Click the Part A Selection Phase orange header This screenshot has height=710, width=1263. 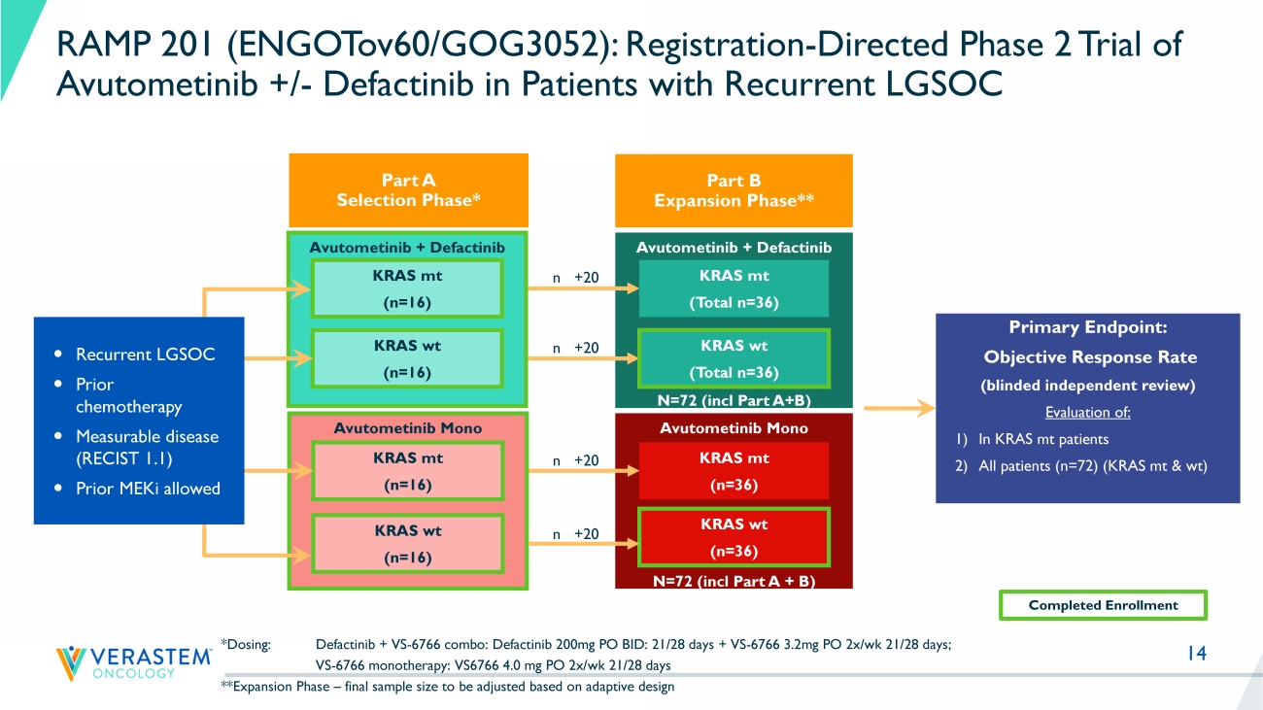pos(408,190)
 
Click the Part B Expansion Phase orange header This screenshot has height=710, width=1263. pos(734,190)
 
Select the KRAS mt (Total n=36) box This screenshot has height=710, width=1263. pos(734,288)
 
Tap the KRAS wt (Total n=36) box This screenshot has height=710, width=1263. pos(734,358)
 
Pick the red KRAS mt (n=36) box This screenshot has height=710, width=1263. pos(734,471)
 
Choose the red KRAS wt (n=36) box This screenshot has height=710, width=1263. pos(734,537)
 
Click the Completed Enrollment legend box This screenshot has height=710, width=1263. pos(1103,605)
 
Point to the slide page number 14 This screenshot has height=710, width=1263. pos(1196,654)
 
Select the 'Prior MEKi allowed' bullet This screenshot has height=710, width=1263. pos(148,489)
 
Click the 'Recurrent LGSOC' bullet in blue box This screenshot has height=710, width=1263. pos(145,355)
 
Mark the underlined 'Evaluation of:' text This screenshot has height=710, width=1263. pos(1087,412)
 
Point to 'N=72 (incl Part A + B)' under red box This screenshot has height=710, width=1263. pos(734,581)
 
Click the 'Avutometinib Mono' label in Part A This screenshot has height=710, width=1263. pos(407,427)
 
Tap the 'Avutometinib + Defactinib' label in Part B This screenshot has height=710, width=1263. pos(734,248)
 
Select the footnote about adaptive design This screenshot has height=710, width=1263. pos(448,687)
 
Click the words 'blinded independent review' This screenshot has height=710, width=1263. pos(1087,386)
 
